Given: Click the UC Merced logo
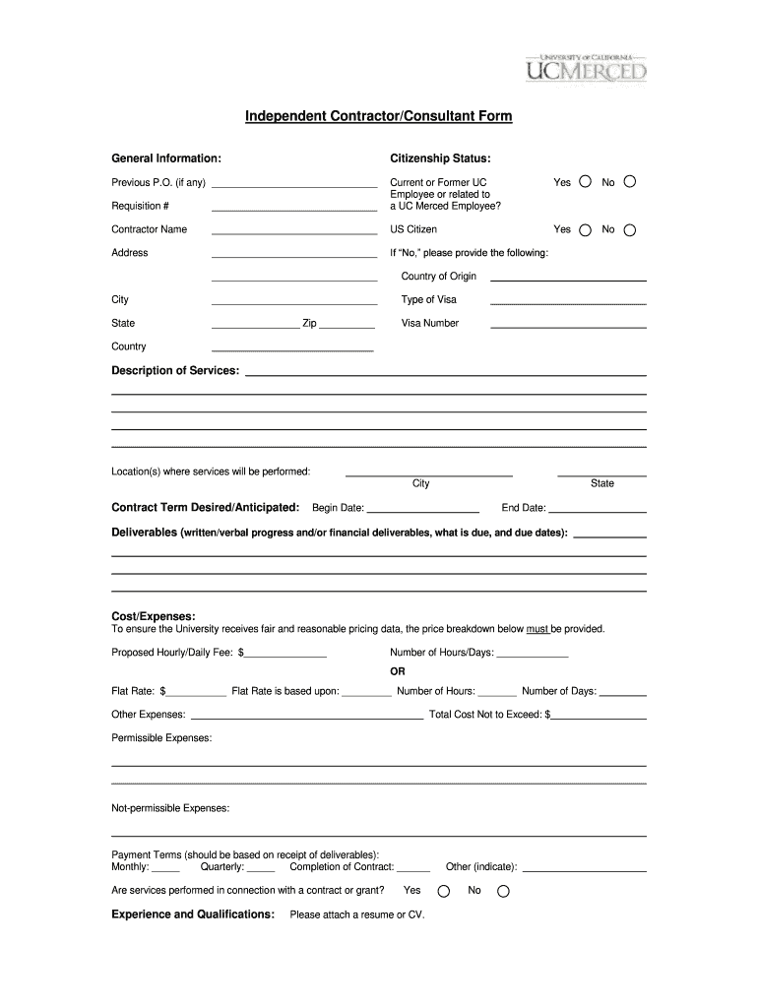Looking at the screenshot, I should coord(585,67).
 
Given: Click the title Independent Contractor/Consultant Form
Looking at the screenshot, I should coord(379,117).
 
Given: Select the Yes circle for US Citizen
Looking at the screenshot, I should coord(585,230).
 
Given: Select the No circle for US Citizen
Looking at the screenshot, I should coord(630,230).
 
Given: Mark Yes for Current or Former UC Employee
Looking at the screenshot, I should coord(585,182).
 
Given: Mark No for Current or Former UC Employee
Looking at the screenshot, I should coord(630,182).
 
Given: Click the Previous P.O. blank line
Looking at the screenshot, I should coord(294,185).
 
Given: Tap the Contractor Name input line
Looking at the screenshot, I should coord(294,232).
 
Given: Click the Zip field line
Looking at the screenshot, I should coord(347,326).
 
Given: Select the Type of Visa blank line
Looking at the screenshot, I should coord(568,302).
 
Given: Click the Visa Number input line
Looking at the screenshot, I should coord(568,326).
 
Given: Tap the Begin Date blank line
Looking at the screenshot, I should coord(423,512).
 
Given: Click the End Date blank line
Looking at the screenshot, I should coord(598,512).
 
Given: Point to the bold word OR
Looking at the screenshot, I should coord(398,671).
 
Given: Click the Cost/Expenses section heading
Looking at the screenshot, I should coord(154,616).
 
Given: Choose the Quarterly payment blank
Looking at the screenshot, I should coord(261,870).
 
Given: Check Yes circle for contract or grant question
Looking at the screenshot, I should coord(443,891).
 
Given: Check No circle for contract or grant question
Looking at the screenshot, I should coord(503,891).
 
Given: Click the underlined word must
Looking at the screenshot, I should coord(537,629).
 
